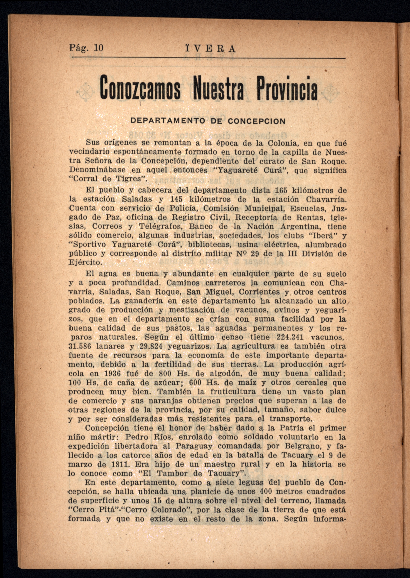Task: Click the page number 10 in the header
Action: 98,48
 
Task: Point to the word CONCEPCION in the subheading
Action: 256,121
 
